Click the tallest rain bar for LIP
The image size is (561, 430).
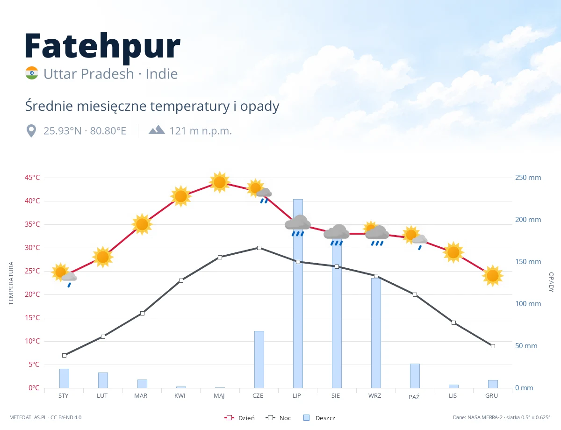[298, 294]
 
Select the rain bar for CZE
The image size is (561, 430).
[259, 359]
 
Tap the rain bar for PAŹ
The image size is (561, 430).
[415, 376]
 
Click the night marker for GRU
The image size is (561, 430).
[493, 346]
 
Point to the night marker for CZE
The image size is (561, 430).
[259, 248]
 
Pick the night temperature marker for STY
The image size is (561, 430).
[65, 355]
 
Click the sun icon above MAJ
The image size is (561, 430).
[220, 182]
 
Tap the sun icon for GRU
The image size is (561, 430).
[493, 276]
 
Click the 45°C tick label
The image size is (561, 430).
[32, 178]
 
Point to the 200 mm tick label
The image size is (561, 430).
[528, 220]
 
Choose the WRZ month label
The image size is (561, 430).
[374, 396]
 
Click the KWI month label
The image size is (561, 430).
[180, 396]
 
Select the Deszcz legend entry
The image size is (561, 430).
[319, 418]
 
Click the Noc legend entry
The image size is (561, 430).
[278, 418]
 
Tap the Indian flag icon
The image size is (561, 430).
[32, 73]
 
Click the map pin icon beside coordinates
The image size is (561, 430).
[31, 131]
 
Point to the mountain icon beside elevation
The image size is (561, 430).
[157, 130]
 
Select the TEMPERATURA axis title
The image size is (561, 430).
[11, 283]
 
